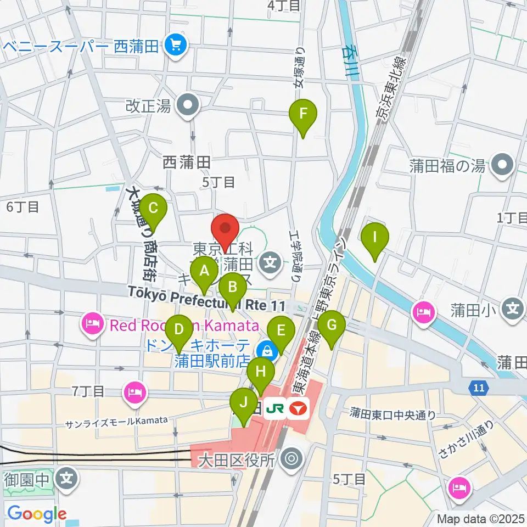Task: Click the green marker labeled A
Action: pos(205,270)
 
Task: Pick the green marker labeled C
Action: pos(153,209)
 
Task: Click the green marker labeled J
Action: pos(243,401)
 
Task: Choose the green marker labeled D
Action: pos(178,330)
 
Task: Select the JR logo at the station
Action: pos(274,407)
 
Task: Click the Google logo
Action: pos(37,513)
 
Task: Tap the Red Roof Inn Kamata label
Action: pos(184,326)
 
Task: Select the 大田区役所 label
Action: pos(243,459)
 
